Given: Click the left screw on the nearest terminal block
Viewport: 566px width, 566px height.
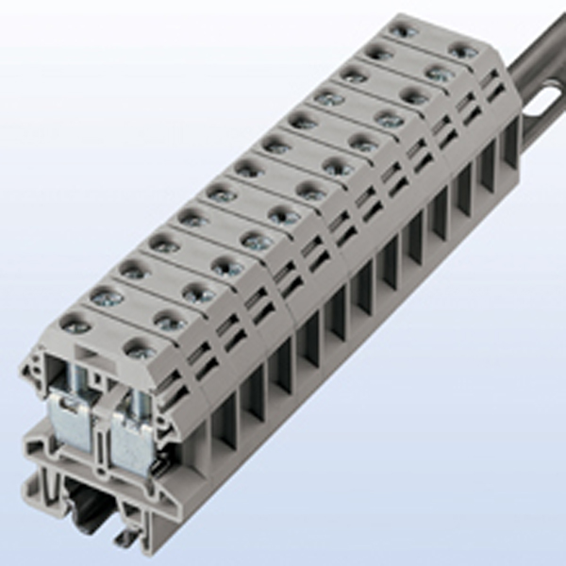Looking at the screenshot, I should click(75, 326).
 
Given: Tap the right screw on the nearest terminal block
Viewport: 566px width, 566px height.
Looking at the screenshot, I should click(141, 353).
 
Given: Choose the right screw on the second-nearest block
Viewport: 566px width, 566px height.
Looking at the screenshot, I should click(170, 323).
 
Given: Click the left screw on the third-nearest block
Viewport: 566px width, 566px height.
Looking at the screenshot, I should click(135, 272).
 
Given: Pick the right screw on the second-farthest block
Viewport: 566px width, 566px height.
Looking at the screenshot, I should click(439, 72).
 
